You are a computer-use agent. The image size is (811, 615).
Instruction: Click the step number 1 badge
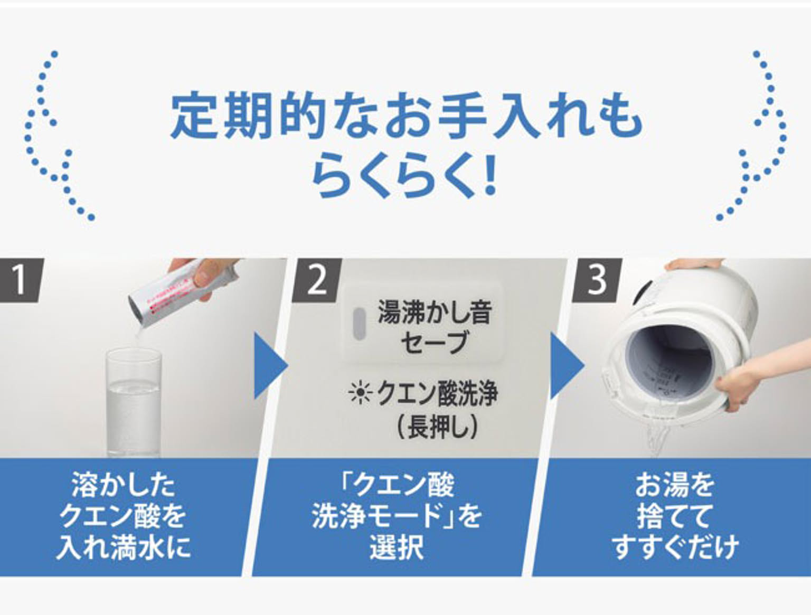[20, 280]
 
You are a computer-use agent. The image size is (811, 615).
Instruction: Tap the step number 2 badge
[317, 280]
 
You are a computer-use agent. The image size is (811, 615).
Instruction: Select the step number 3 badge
[597, 280]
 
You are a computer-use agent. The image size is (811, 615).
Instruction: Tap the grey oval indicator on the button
[360, 323]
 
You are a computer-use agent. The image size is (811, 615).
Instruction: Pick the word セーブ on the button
[434, 342]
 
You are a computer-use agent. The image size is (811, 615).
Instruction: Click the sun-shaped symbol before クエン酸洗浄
[360, 394]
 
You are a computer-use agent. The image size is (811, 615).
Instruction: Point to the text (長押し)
[437, 425]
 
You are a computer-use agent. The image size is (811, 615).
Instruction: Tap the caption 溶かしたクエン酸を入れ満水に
[122, 516]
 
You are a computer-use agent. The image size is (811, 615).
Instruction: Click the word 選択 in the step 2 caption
[397, 547]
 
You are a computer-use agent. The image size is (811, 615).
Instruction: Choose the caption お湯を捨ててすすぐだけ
[674, 516]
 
